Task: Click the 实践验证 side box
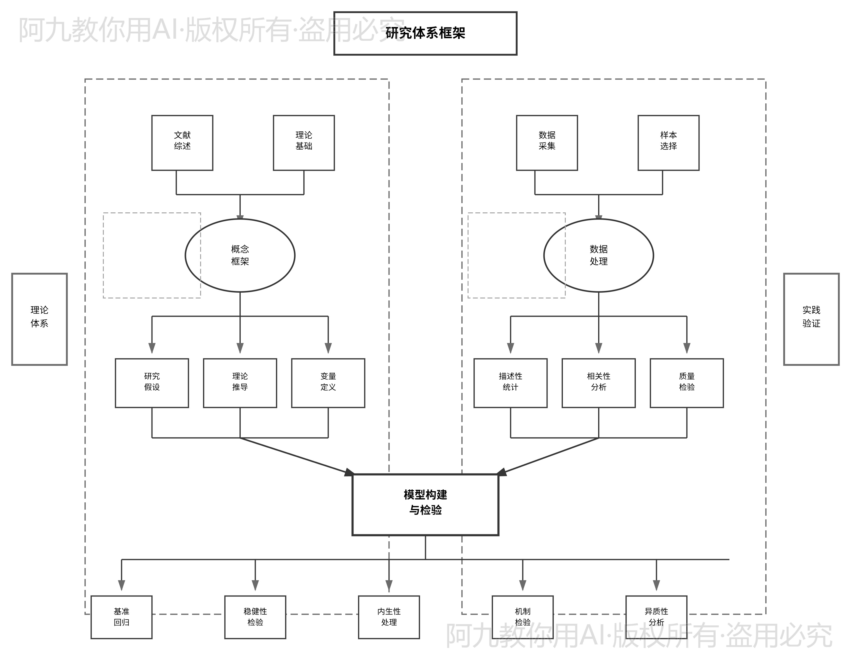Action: click(x=811, y=319)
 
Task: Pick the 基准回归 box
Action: click(x=121, y=617)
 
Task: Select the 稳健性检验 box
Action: click(x=255, y=617)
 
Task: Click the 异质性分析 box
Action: click(x=656, y=617)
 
